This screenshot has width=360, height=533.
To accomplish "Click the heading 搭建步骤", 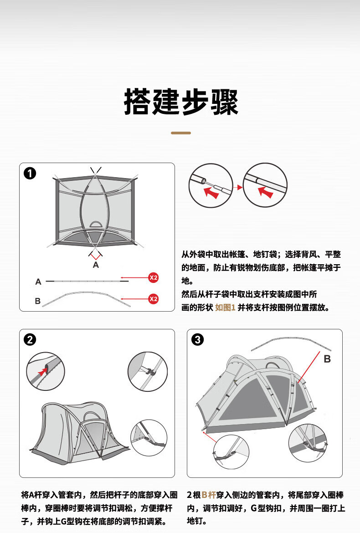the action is click(x=181, y=102).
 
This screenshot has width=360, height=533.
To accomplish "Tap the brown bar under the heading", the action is click(x=180, y=133).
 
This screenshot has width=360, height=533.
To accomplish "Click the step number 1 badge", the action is click(x=30, y=174).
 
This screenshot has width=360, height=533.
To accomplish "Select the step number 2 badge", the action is click(x=30, y=339).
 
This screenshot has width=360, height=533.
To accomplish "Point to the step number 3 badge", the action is click(x=198, y=339).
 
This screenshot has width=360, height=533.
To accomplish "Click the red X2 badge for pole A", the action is click(x=154, y=277).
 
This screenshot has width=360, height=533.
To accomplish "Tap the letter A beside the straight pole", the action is click(x=38, y=282).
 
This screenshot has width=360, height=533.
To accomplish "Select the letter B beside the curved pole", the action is click(x=38, y=301).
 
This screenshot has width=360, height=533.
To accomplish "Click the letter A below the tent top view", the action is click(x=96, y=265).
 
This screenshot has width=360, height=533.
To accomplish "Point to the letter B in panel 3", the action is click(x=327, y=359).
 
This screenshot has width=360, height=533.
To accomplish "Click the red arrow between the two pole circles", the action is click(x=237, y=187).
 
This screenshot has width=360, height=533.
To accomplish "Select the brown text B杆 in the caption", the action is click(x=209, y=495).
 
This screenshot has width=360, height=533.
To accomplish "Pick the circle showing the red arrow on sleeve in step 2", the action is click(x=46, y=371).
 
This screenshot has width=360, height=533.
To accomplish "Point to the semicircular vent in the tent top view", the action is click(x=96, y=224).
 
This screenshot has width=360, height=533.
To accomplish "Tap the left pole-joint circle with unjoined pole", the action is click(x=210, y=185).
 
